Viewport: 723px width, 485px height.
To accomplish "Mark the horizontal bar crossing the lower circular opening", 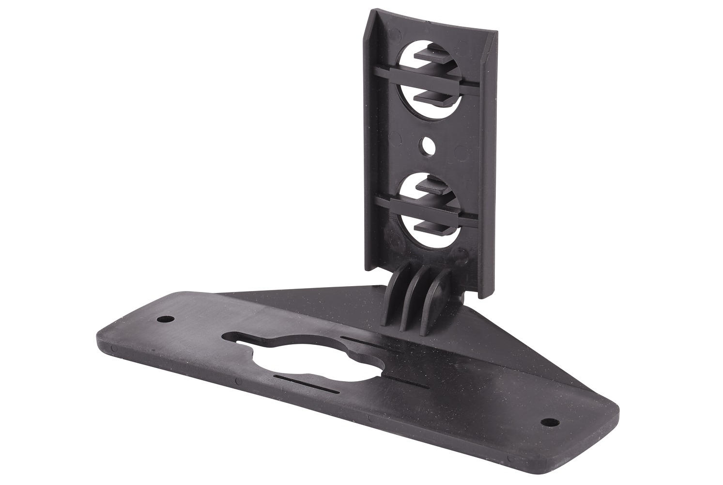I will point(426,208).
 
